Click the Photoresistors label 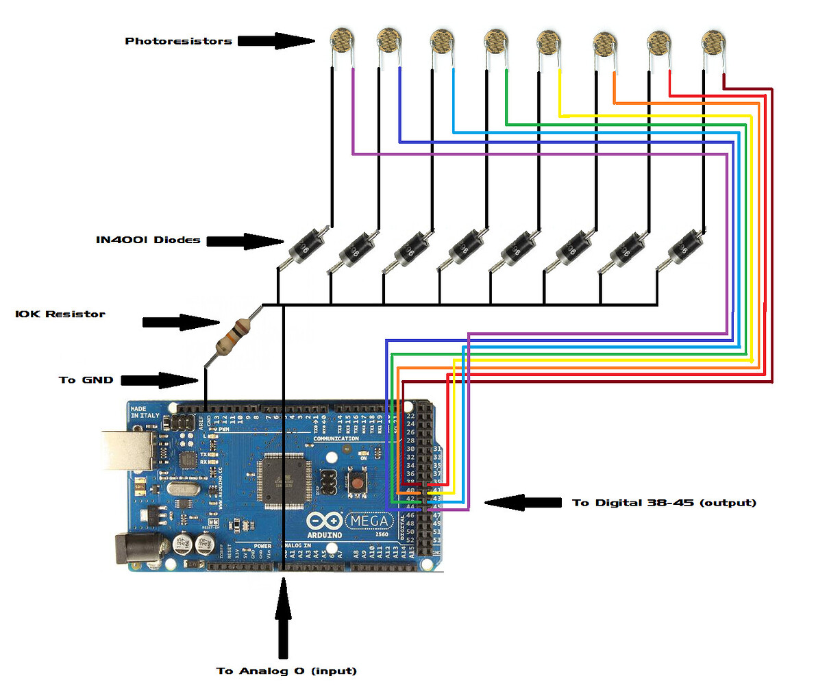178,41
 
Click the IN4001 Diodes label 148,240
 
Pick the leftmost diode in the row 301,247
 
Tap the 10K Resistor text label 60,314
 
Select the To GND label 86,379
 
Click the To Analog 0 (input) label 286,671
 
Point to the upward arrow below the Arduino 283,616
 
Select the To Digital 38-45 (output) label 664,503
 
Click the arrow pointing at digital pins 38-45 523,503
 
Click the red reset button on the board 357,484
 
